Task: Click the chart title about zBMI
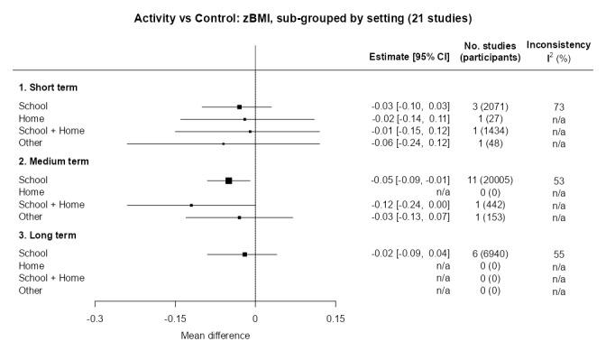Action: [303, 17]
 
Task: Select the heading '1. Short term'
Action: [48, 88]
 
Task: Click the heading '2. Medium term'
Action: [53, 162]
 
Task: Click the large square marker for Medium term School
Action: [228, 180]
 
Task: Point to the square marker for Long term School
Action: [244, 254]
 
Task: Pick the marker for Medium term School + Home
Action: [191, 205]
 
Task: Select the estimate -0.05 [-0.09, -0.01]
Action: [410, 180]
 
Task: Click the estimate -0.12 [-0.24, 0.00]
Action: [410, 205]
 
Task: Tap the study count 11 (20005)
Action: [490, 180]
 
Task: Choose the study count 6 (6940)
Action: [490, 254]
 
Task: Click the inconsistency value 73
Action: [559, 106]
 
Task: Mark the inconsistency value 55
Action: [559, 254]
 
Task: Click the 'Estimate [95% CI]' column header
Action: [410, 58]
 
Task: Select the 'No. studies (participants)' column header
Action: [490, 51]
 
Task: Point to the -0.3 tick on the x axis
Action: [95, 318]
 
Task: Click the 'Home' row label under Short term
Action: [32, 118]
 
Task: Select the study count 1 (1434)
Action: [490, 131]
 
